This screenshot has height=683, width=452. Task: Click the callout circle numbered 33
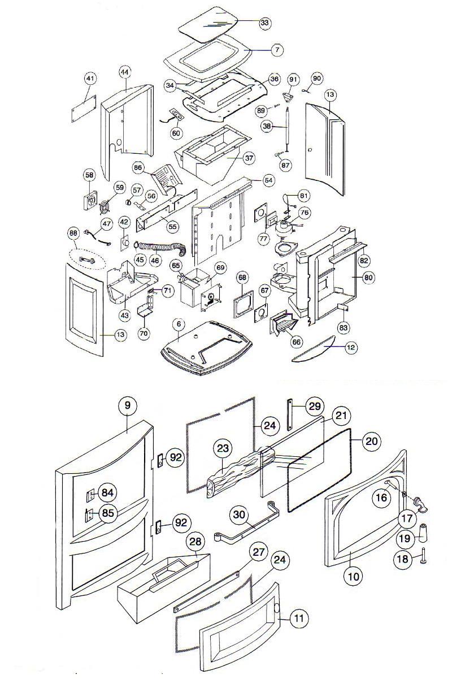(x=264, y=23)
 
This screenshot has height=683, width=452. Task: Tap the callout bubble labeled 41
(x=90, y=78)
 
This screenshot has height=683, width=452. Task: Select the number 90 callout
(x=316, y=78)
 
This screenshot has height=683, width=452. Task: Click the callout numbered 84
(x=107, y=492)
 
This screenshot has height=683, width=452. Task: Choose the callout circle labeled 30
(x=239, y=514)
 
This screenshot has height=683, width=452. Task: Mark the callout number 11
(x=299, y=619)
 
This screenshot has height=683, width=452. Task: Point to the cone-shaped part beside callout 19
(x=423, y=534)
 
